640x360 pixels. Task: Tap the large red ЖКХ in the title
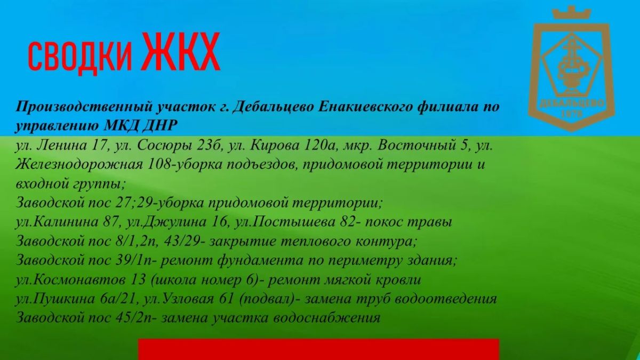[x=181, y=51]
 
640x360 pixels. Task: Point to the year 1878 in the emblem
[x=572, y=114]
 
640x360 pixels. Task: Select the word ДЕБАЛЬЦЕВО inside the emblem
[x=572, y=103]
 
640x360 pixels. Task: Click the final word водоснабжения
[x=326, y=318]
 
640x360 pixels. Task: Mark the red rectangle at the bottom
[x=318, y=349]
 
